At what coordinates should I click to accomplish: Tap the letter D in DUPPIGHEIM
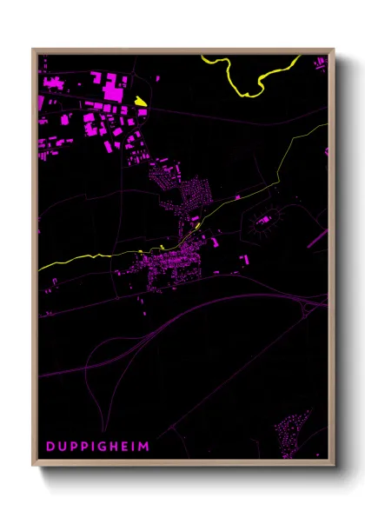[x=50, y=446]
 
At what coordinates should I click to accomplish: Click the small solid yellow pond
[x=140, y=102]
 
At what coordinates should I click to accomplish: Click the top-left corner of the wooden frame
[x=34, y=50]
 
